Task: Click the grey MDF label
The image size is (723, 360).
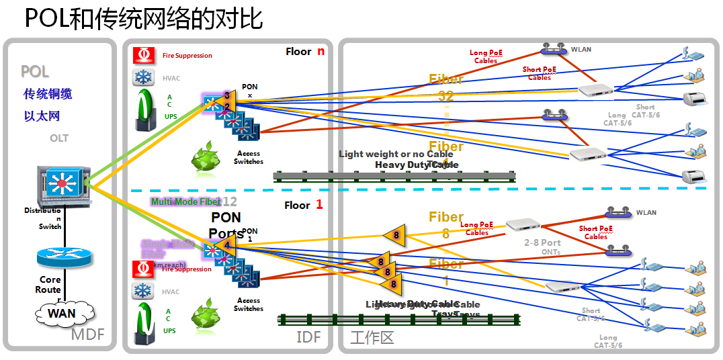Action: coord(88,334)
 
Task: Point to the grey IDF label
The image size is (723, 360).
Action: coord(308,336)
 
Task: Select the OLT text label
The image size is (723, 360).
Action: coord(59,138)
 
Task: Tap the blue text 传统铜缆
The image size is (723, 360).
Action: coord(48,94)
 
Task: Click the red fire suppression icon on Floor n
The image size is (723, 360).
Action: coord(142,55)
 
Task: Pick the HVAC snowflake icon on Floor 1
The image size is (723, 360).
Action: coord(142,291)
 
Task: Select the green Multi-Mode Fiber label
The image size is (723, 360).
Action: coord(185,201)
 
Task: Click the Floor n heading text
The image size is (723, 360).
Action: coord(304,52)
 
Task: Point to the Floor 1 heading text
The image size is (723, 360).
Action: coord(303,205)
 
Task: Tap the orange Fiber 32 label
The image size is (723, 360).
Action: coord(446,87)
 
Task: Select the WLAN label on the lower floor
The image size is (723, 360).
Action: coord(646,213)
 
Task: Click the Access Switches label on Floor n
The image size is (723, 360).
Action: coord(248,158)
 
